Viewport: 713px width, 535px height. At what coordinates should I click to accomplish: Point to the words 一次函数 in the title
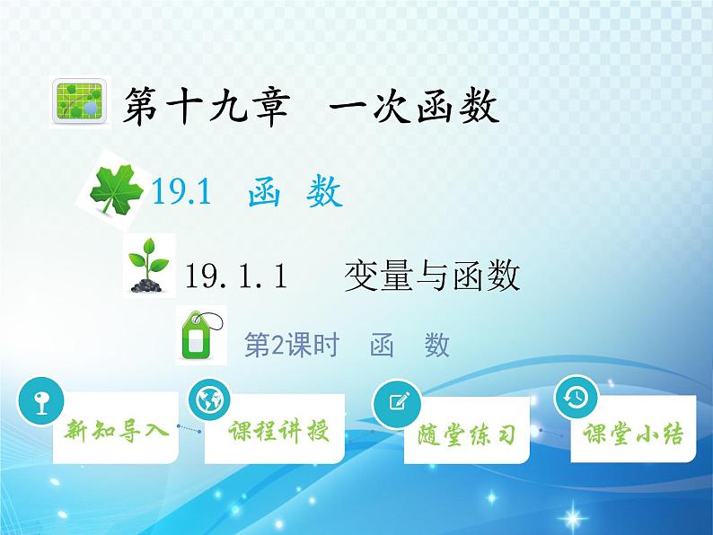point(414,110)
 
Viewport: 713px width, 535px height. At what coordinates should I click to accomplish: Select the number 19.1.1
point(235,276)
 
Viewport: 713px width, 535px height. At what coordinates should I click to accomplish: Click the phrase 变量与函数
point(432,276)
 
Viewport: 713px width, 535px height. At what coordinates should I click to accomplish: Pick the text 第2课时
point(291,345)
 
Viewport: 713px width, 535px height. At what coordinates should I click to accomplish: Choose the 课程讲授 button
point(277,431)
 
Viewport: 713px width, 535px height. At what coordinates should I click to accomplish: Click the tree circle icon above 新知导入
point(40,399)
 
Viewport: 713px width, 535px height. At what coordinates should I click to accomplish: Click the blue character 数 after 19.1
point(324,192)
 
